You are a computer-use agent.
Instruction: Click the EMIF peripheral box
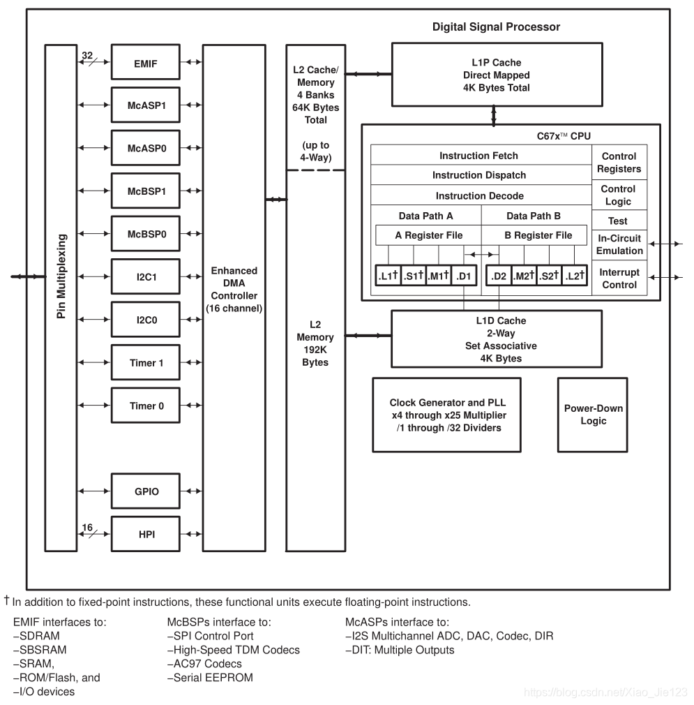point(146,64)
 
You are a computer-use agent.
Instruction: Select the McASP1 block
point(146,106)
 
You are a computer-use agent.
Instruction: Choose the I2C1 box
point(146,277)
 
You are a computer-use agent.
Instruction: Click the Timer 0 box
point(146,406)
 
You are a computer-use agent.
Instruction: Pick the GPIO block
point(146,491)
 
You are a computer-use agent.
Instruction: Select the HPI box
point(146,534)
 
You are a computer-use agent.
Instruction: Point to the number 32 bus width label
point(87,54)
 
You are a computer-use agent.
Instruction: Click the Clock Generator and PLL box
point(447,415)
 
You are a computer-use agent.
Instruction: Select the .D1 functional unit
point(463,276)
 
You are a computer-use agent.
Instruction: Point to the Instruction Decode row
point(480,196)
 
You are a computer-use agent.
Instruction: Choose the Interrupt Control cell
point(618,279)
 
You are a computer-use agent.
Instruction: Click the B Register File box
point(538,235)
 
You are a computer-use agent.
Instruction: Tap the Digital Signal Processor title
point(496,27)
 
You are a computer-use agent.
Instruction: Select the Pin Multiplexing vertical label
point(61,276)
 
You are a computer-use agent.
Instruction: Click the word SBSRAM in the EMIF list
point(38,650)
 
